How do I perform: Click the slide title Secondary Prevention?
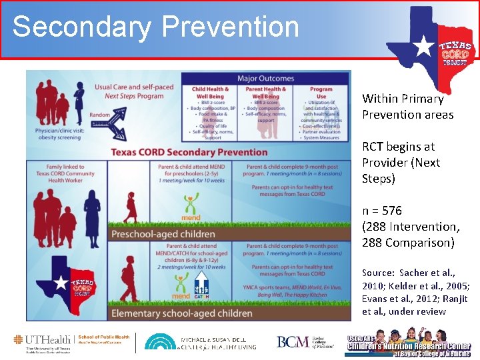[x=155, y=27]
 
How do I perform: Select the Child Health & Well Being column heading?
[x=210, y=93]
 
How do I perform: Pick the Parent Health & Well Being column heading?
[x=265, y=93]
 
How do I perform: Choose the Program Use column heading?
[x=321, y=93]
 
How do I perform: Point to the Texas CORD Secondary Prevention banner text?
[x=189, y=151]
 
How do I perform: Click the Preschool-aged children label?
[x=163, y=234]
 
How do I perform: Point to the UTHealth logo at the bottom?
[x=72, y=343]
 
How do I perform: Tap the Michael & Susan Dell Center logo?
[x=200, y=343]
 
